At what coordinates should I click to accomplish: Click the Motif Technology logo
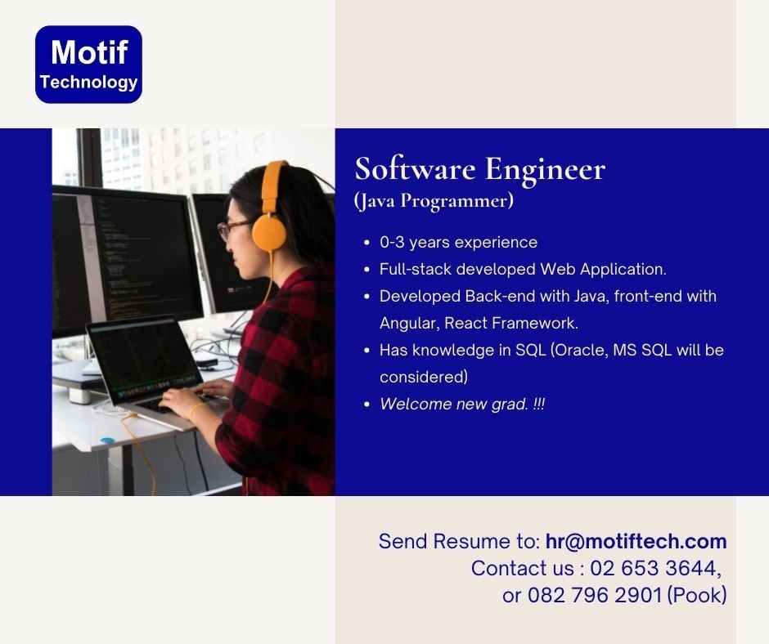click(89, 65)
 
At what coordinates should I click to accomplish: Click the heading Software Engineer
click(479, 169)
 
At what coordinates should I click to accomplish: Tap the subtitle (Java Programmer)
click(434, 201)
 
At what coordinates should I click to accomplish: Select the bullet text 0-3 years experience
click(458, 242)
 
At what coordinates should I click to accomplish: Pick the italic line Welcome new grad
click(462, 404)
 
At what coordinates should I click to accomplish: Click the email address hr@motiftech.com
click(636, 541)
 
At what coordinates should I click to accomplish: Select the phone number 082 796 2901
click(595, 595)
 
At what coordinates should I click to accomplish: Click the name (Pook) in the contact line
click(697, 595)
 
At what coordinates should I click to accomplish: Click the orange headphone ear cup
click(269, 233)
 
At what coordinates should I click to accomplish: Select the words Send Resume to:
click(459, 542)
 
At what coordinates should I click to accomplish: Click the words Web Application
click(603, 269)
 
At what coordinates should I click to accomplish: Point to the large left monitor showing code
click(127, 261)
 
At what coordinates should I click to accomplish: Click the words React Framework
click(511, 324)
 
